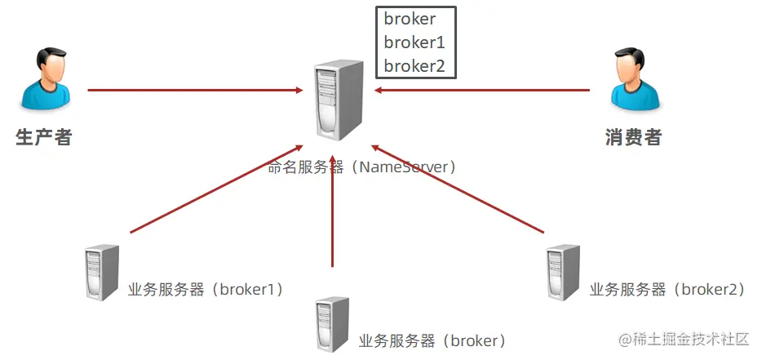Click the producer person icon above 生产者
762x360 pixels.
click(x=44, y=79)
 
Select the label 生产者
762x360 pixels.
click(x=44, y=137)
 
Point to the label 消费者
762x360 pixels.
click(x=633, y=137)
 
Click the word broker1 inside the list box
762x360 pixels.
click(x=414, y=42)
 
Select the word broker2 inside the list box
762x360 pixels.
click(x=414, y=66)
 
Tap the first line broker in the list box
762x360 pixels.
click(x=410, y=19)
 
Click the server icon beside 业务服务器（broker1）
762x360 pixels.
click(x=102, y=273)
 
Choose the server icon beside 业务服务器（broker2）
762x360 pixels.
click(x=563, y=273)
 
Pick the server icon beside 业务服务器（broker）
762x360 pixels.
click(x=332, y=324)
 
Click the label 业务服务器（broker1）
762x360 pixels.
click(x=206, y=289)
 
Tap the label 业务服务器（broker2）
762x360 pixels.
click(x=667, y=289)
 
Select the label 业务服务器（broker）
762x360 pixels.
click(x=432, y=340)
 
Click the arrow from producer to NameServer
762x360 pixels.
click(x=196, y=90)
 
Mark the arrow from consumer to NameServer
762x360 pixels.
click(x=481, y=90)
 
